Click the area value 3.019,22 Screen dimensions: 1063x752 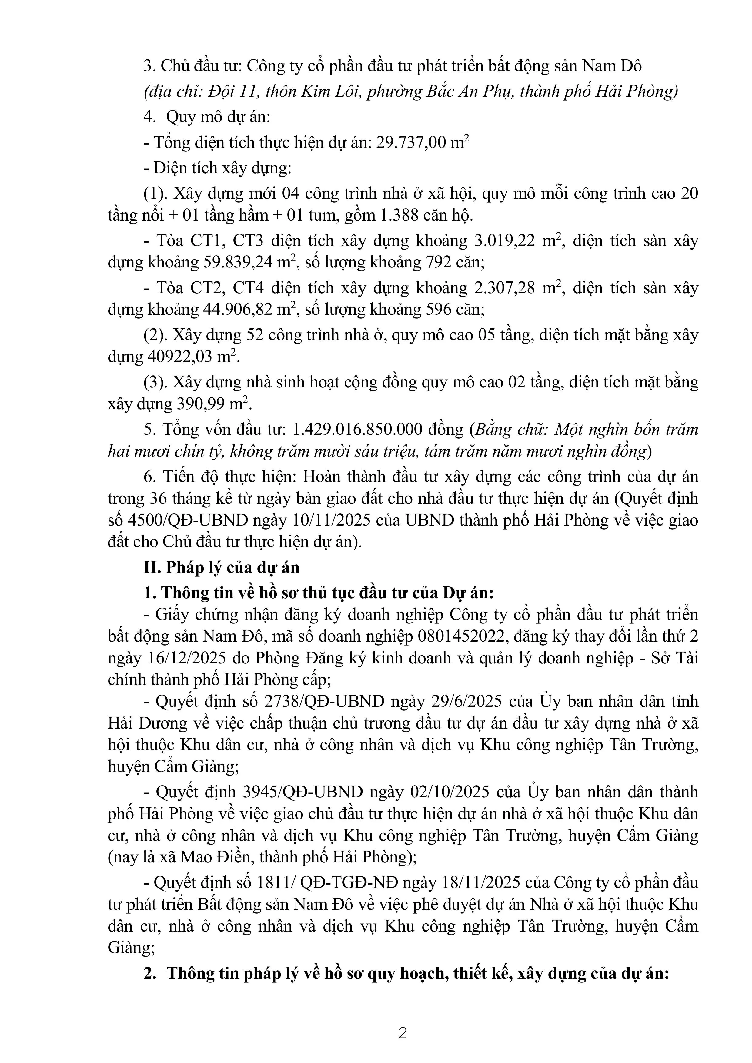(x=508, y=241)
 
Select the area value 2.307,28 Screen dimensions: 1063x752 (x=508, y=288)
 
